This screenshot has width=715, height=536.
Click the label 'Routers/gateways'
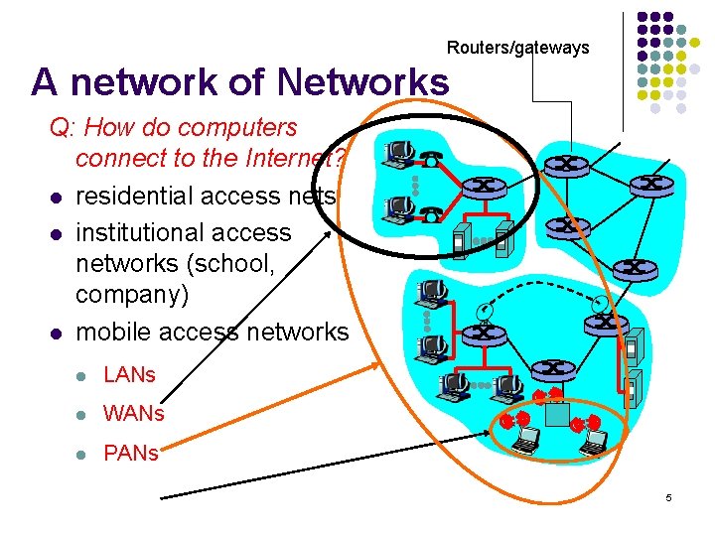point(517,47)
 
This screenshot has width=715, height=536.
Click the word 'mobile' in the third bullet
point(113,332)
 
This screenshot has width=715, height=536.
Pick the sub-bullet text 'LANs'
point(130,375)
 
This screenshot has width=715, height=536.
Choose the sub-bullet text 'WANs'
point(133,413)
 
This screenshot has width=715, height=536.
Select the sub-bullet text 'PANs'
point(130,453)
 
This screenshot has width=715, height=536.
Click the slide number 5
point(668,496)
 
